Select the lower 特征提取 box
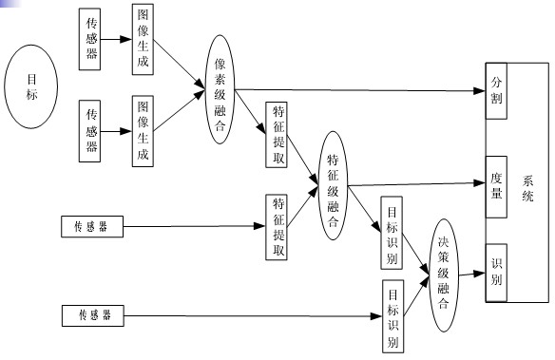277,225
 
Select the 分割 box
497,90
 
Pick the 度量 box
497,182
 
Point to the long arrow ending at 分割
361,91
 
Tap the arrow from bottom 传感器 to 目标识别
247,313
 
